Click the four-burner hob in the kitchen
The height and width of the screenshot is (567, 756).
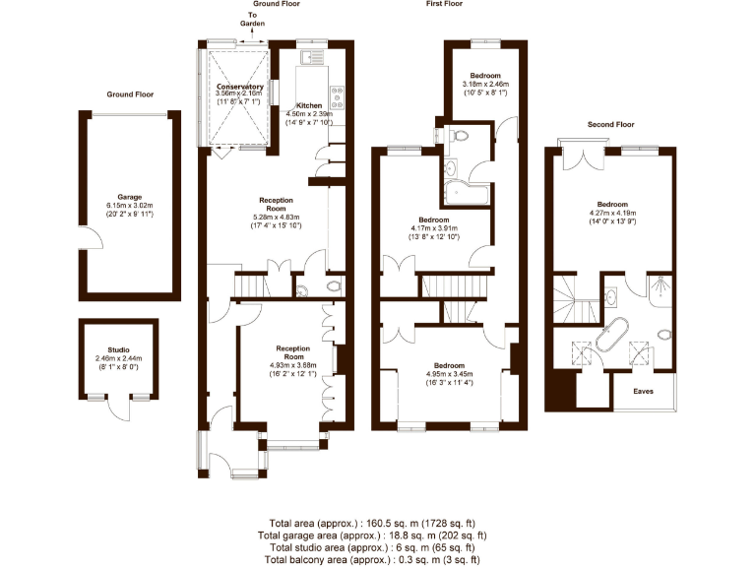[337, 95]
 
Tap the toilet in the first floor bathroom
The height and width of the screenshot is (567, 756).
[460, 135]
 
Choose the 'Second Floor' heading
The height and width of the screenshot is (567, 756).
[611, 125]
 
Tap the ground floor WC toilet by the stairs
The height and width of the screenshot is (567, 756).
[333, 287]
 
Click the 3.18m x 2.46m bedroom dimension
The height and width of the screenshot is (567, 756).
[484, 84]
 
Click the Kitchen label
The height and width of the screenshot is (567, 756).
[309, 105]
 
